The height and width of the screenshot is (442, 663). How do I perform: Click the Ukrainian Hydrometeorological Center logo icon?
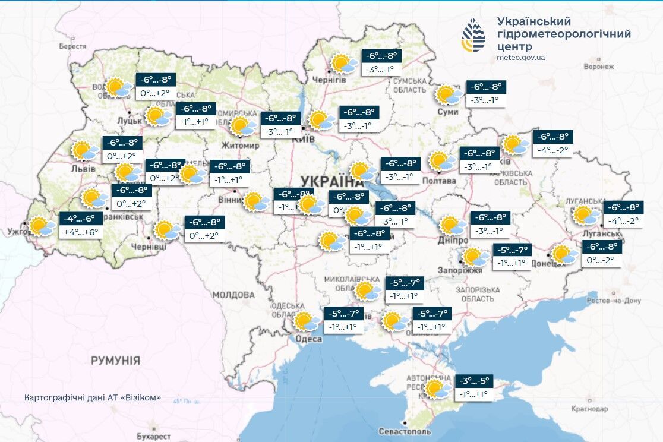click(473, 35)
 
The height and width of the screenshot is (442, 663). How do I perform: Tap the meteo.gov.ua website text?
click(520, 58)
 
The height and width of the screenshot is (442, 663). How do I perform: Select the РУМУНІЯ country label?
click(115, 361)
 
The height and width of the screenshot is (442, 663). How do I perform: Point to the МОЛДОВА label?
click(233, 295)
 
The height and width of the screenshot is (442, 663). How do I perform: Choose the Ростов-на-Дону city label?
click(614, 301)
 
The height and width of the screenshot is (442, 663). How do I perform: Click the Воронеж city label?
click(598, 67)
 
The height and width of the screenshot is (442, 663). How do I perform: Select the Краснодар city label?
click(590, 409)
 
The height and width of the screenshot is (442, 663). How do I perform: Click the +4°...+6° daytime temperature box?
click(80, 232)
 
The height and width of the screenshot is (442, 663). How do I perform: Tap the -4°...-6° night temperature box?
click(80, 218)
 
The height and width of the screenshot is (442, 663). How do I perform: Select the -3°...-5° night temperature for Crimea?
click(473, 381)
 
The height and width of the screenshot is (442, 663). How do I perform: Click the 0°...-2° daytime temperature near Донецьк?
click(602, 260)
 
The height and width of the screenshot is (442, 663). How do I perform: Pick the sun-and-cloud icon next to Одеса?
click(305, 322)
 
